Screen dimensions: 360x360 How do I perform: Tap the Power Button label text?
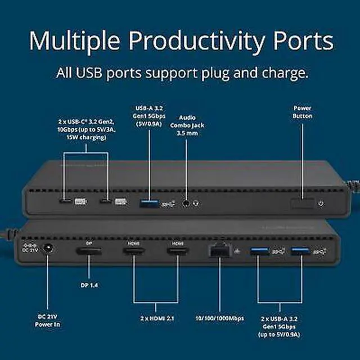pyautogui.click(x=303, y=112)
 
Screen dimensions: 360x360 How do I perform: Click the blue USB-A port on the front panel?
pyautogui.click(x=148, y=202)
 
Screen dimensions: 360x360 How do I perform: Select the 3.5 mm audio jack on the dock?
pyautogui.click(x=186, y=202)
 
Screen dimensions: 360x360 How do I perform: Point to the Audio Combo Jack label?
pyautogui.click(x=188, y=127)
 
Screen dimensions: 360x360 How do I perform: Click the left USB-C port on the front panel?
pyautogui.click(x=66, y=201)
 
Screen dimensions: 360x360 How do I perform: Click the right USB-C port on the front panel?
pyautogui.click(x=105, y=201)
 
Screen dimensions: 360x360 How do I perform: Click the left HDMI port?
pyautogui.click(x=133, y=251)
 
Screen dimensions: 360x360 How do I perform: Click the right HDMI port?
pyautogui.click(x=178, y=251)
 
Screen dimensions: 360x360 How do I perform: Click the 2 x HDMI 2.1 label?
pyautogui.click(x=157, y=318)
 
